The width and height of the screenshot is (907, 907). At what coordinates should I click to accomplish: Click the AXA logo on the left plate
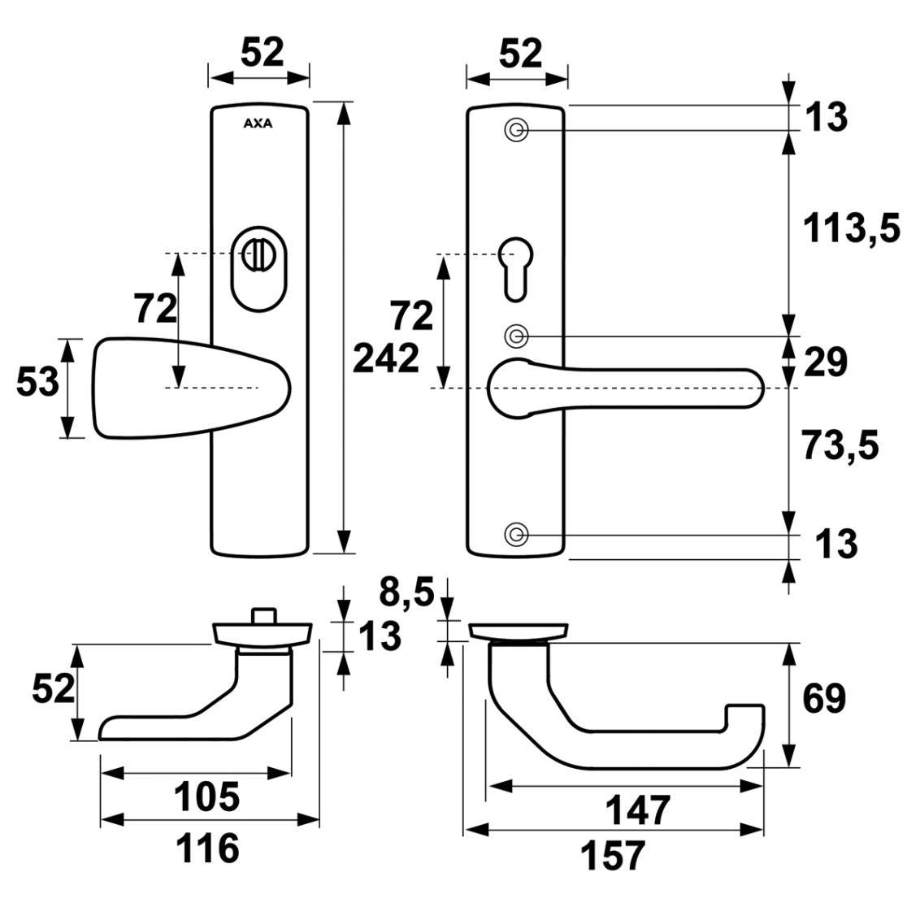coord(258,124)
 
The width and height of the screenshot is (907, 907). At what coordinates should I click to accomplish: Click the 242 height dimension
coord(386,358)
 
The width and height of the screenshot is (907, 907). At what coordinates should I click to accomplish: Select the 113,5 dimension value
coord(852,228)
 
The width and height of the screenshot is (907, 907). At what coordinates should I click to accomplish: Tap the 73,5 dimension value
coord(840,445)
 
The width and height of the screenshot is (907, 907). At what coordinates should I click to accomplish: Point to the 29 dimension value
coord(826,362)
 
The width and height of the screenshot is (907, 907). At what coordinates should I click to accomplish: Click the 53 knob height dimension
coord(37,382)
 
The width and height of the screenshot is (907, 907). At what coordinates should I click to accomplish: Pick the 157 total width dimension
coord(613,856)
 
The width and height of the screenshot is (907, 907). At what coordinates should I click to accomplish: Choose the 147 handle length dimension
coord(637,810)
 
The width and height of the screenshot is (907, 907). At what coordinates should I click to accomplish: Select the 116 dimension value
coord(207,848)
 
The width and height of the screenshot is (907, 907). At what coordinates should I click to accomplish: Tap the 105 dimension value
coord(206,797)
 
